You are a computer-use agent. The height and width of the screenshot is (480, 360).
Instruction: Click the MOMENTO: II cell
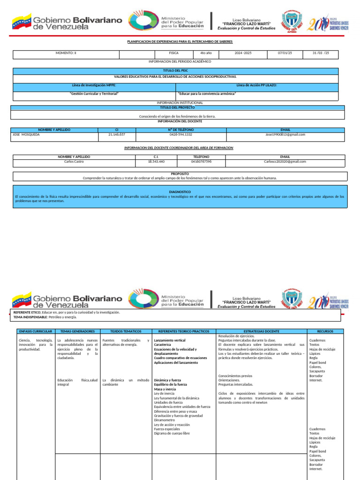[66, 53]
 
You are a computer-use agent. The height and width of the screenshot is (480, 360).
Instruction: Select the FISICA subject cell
[174, 53]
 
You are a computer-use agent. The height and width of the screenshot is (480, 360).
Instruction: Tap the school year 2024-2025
[243, 53]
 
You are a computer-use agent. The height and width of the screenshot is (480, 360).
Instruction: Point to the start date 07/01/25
[285, 53]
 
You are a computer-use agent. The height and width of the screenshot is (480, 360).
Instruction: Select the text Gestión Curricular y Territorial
[94, 93]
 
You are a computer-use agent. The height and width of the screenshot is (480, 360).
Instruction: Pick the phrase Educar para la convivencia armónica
[207, 93]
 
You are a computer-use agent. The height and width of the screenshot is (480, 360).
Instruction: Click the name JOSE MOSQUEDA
[26, 135]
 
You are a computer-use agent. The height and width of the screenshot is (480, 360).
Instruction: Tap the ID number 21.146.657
[116, 135]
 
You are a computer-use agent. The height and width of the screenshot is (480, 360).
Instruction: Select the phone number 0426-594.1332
[180, 135]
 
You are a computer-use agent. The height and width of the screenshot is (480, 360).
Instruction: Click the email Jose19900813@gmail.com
[285, 135]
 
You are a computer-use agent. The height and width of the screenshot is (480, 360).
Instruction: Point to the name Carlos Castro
[74, 161]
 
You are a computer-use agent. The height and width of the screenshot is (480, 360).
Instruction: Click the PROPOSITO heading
[180, 174]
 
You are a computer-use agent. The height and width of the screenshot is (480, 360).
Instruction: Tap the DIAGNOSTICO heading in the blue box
[180, 192]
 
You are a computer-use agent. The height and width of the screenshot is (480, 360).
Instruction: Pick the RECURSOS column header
[325, 331]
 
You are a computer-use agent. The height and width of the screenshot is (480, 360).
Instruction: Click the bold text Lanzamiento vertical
[170, 340]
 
